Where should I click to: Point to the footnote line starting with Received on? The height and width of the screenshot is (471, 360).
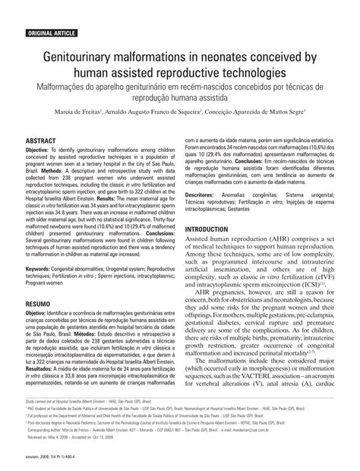pyautogui.click(x=61, y=439)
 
